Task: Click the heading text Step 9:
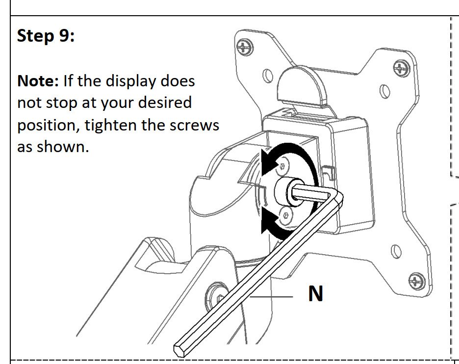coord(46,36)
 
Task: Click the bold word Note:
coord(38,81)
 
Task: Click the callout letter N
coord(316,293)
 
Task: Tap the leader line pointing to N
coord(272,297)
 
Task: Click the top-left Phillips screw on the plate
coord(245,47)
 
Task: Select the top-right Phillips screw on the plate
coord(401,68)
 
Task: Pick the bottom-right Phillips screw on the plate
coord(416,282)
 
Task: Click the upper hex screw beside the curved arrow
coord(282,166)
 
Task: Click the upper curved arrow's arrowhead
coord(269,162)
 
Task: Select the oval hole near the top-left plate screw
coord(268,76)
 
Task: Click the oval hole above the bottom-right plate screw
coord(396,251)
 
